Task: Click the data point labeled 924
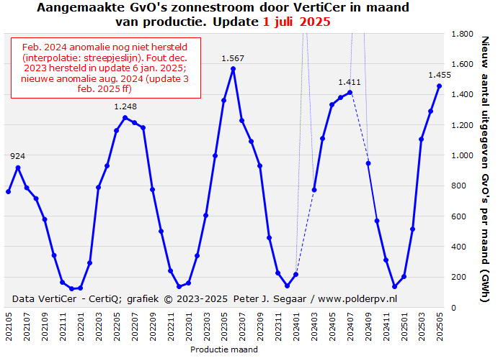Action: click(x=17, y=168)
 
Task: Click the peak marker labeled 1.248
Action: click(x=125, y=118)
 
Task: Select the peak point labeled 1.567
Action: click(x=233, y=69)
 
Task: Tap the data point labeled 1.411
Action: click(x=350, y=93)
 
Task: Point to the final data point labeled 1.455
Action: click(x=439, y=86)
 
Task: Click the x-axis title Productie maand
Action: click(x=223, y=350)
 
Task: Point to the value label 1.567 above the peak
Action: click(x=233, y=58)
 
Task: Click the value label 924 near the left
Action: click(x=18, y=156)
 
